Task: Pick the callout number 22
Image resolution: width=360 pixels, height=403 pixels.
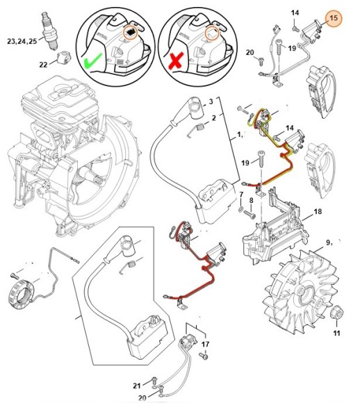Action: [43, 65]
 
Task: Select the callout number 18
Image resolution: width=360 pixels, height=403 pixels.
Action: [317, 211]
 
